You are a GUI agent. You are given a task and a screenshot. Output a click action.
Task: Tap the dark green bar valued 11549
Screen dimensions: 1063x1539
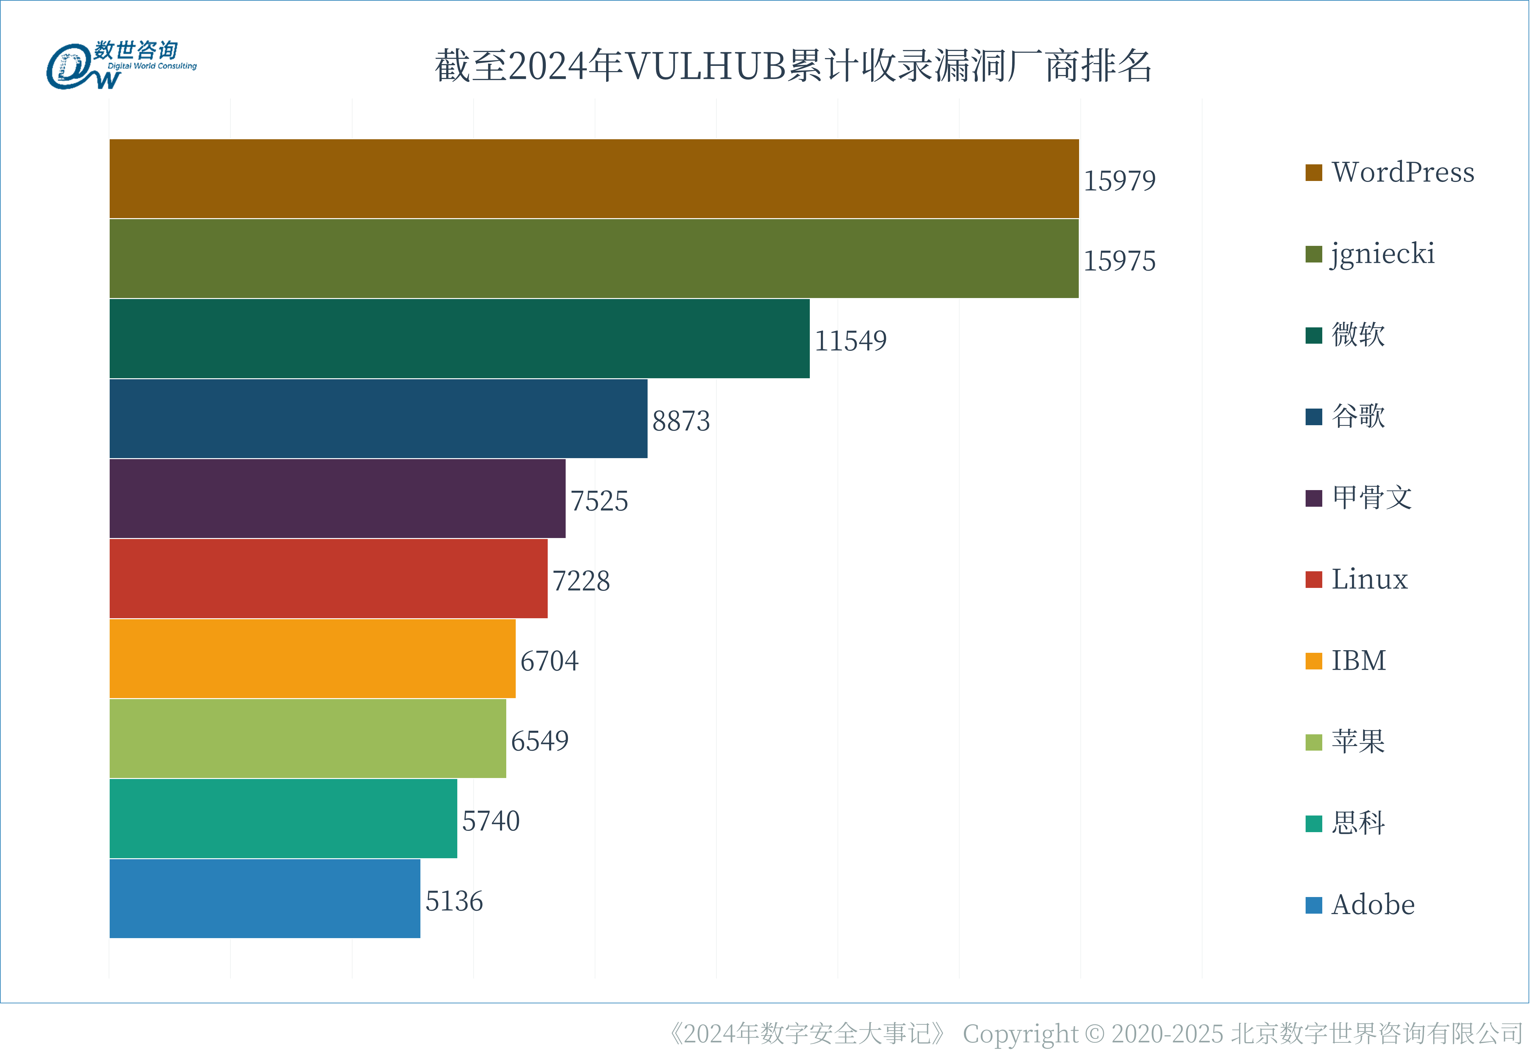pyautogui.click(x=460, y=338)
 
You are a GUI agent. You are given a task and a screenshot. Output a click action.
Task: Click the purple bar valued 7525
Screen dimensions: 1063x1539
pyautogui.click(x=337, y=498)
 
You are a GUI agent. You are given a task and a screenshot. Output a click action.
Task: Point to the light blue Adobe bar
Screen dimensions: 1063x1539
pyautogui.click(x=265, y=898)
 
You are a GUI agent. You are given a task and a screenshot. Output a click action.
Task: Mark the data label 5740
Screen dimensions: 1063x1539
pyautogui.click(x=491, y=820)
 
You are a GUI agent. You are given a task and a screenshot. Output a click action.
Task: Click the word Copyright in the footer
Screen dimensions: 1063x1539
pyautogui.click(x=1020, y=1034)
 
